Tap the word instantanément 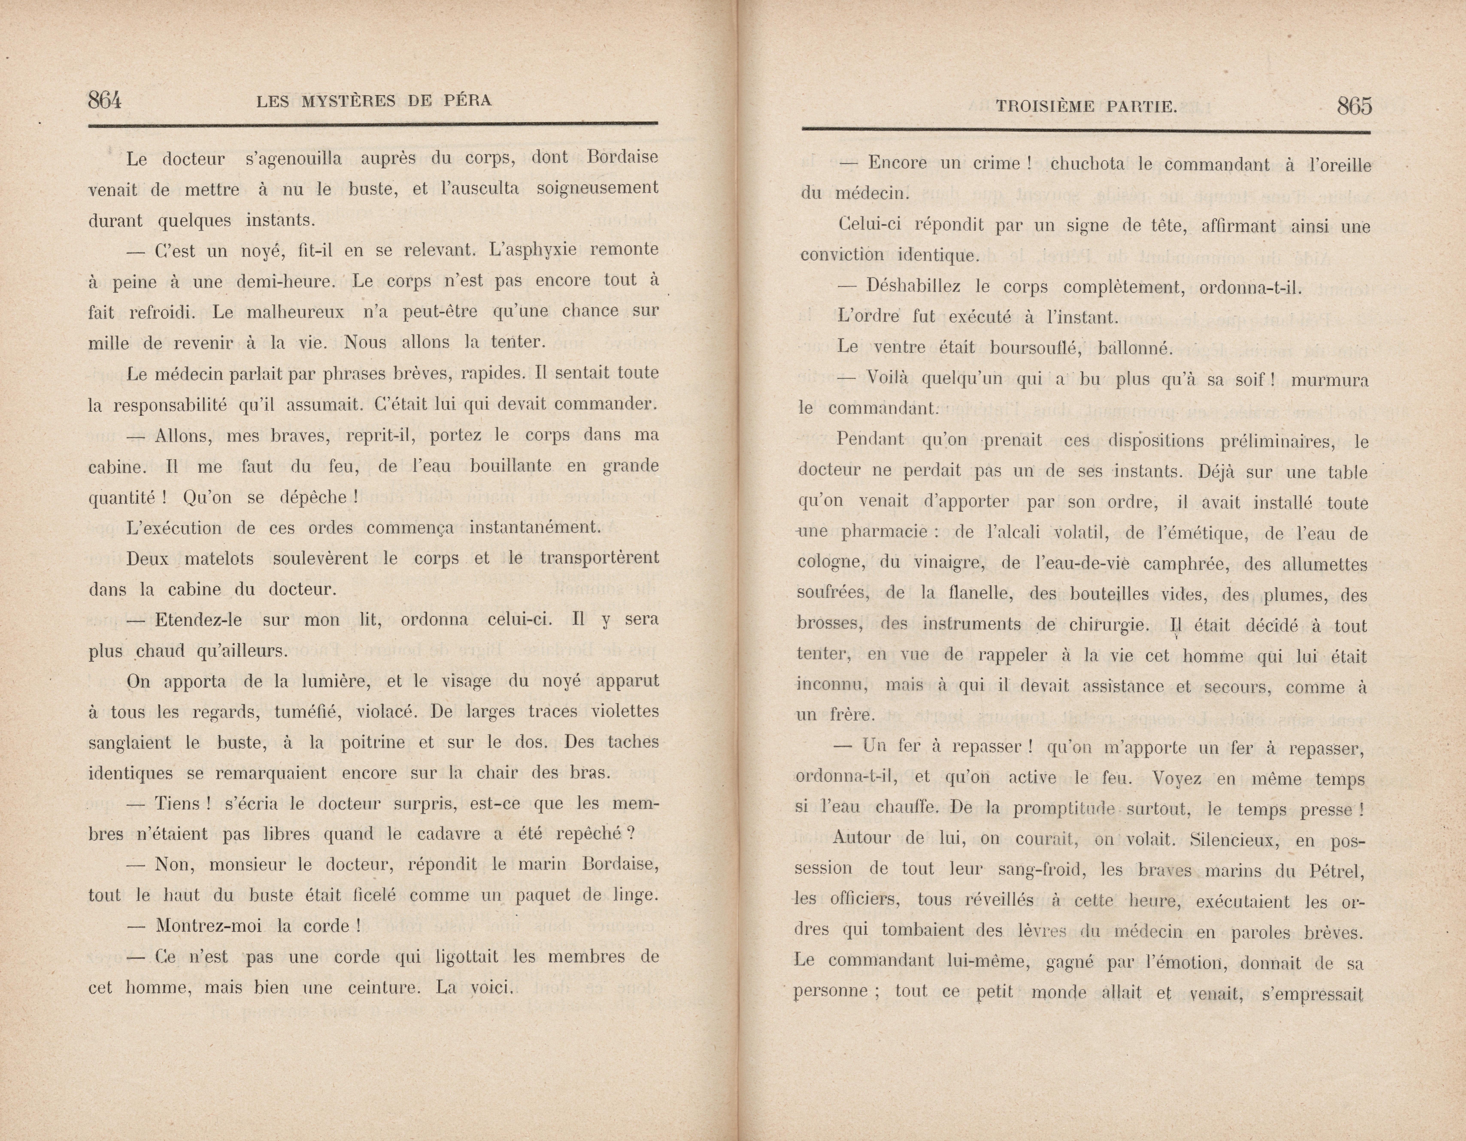point(534,528)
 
